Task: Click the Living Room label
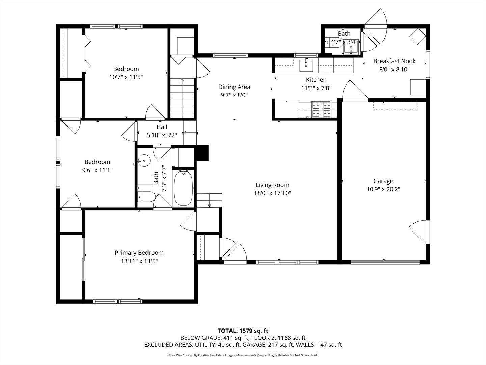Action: tap(272, 185)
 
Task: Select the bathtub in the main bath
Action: tap(183, 188)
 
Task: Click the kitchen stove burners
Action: tap(321, 109)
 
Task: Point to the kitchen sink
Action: tap(306, 66)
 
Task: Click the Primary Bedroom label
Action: tap(139, 253)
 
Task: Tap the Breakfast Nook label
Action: tap(394, 61)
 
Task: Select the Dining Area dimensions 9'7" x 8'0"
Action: tap(234, 95)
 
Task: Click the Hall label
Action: tap(162, 127)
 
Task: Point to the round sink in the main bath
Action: tap(144, 161)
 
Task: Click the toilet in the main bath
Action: tap(145, 197)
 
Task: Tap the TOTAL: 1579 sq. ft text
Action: tap(243, 331)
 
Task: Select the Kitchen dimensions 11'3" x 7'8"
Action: tap(316, 88)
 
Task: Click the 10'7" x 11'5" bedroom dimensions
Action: tap(126, 77)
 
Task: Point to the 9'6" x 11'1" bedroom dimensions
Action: tap(97, 170)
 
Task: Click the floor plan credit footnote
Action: tap(243, 355)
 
